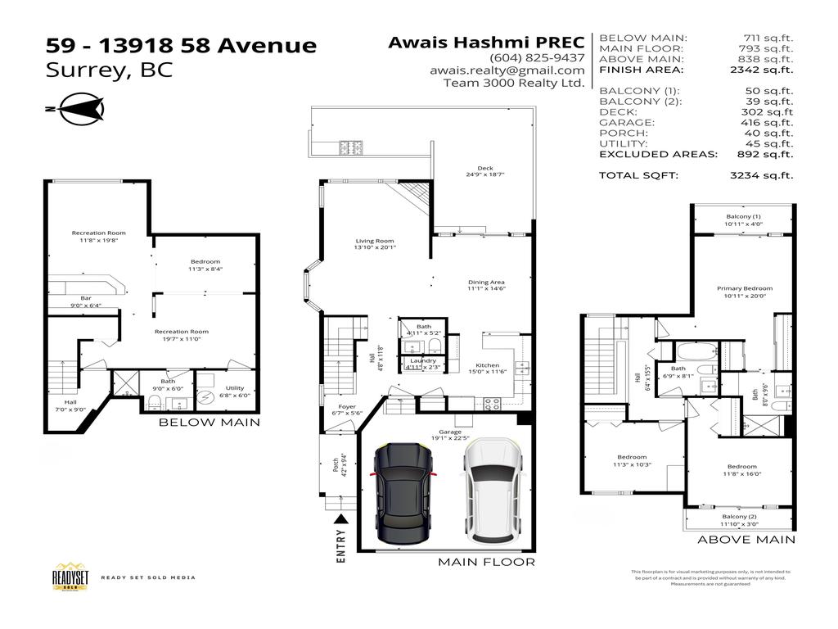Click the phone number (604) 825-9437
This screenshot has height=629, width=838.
[x=537, y=57]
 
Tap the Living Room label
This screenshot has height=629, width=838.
[x=375, y=241]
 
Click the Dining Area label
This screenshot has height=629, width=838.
[x=486, y=282]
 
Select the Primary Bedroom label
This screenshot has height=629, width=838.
[x=744, y=288]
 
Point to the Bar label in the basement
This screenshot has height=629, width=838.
[x=85, y=297]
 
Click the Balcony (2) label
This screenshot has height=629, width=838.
[x=739, y=517]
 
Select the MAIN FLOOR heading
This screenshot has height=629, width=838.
[x=486, y=562]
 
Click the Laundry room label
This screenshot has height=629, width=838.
[x=423, y=360]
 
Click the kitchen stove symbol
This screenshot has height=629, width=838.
[x=493, y=403]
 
